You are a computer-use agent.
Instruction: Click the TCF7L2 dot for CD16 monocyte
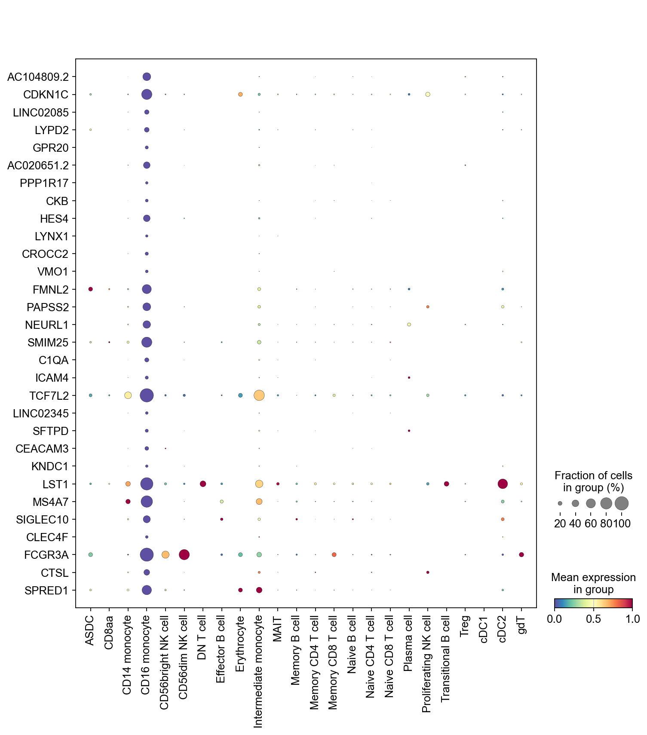(147, 395)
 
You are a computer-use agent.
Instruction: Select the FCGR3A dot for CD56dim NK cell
(184, 555)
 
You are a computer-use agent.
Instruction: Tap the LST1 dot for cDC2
(503, 484)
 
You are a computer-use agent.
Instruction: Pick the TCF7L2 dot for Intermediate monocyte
(259, 395)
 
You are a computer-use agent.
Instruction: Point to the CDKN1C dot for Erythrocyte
(240, 95)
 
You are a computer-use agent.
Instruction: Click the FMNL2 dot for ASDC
(90, 289)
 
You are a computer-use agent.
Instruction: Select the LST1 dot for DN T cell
(203, 484)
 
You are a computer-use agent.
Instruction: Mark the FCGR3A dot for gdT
(521, 555)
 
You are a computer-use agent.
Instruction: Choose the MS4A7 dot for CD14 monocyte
(128, 502)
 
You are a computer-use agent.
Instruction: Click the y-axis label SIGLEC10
(42, 520)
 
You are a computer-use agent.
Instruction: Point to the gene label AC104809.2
(38, 77)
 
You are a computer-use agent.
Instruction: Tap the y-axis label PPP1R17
(44, 183)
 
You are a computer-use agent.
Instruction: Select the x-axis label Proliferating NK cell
(426, 664)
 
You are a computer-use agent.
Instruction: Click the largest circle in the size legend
(622, 503)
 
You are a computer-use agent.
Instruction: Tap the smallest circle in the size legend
(560, 503)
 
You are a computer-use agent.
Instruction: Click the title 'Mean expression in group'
(593, 583)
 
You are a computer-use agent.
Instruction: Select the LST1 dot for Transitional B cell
(446, 484)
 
